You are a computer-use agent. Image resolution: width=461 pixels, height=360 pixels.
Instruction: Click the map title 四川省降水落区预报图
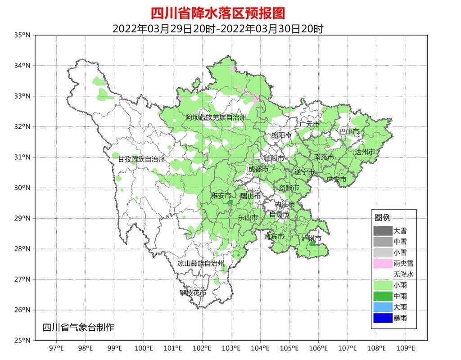(x=217, y=13)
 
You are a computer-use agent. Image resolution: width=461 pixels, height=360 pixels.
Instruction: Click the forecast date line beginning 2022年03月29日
(x=218, y=29)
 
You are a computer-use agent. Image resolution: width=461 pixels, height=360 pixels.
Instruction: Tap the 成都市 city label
(x=258, y=169)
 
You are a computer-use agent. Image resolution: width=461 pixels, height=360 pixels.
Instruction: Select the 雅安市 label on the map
(x=221, y=196)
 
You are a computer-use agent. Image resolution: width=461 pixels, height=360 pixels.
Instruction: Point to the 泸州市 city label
(x=311, y=238)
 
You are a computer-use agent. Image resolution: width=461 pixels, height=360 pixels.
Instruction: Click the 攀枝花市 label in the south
(x=192, y=293)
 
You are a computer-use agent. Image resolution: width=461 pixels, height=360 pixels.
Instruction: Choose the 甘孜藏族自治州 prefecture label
(x=141, y=159)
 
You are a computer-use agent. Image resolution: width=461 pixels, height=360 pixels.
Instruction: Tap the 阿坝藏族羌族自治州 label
(x=216, y=117)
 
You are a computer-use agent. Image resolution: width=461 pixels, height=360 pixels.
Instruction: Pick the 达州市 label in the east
(x=365, y=152)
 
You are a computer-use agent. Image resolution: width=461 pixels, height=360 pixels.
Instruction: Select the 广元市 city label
(x=309, y=124)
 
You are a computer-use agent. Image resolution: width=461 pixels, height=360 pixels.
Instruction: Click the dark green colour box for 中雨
(x=382, y=296)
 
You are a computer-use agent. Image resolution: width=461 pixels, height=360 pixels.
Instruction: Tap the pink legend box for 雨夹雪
(x=382, y=263)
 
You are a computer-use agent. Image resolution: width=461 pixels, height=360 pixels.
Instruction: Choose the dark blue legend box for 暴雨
(x=382, y=318)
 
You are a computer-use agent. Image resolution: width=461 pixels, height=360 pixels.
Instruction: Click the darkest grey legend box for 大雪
(x=382, y=230)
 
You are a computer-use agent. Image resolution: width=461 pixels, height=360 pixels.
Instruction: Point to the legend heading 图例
(x=383, y=218)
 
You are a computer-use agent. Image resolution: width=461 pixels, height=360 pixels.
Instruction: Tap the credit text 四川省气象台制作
(x=78, y=327)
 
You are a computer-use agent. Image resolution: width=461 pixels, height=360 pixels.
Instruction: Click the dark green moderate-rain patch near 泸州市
(x=312, y=243)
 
